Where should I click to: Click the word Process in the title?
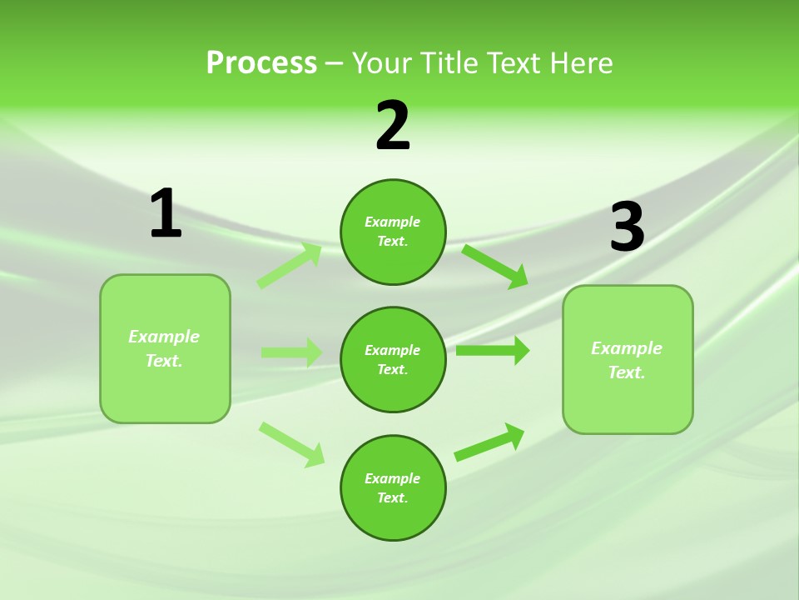(261, 63)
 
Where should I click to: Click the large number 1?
(166, 213)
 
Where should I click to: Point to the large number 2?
(393, 126)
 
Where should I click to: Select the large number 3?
(627, 227)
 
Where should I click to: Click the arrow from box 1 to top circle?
(290, 266)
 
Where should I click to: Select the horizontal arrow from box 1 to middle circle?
(291, 352)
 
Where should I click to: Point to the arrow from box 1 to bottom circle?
(291, 443)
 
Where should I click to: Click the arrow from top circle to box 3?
(495, 266)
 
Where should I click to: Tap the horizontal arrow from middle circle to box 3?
(493, 351)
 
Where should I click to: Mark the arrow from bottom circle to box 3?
(489, 442)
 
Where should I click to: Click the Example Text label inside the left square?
(164, 348)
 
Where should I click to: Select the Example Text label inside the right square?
(627, 360)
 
